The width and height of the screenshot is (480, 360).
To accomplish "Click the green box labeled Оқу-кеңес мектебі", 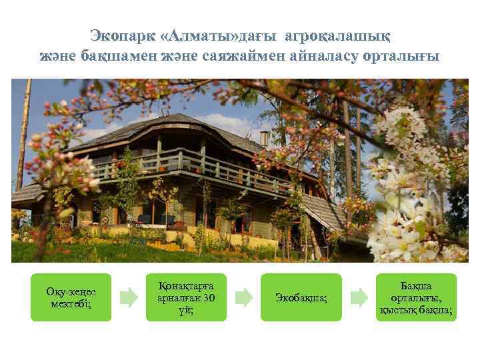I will click(71, 297).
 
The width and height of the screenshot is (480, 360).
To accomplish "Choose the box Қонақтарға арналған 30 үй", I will click(186, 297).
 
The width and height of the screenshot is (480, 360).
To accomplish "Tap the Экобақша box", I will click(301, 297).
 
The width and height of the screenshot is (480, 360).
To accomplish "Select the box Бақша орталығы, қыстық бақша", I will click(416, 297).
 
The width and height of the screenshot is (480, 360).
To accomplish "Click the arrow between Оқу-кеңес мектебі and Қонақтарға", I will click(129, 297).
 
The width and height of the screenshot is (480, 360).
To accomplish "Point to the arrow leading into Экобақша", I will click(244, 297).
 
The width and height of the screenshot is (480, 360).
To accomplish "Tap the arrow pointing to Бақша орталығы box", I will click(359, 297).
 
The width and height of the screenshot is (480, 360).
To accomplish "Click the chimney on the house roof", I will click(264, 138).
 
